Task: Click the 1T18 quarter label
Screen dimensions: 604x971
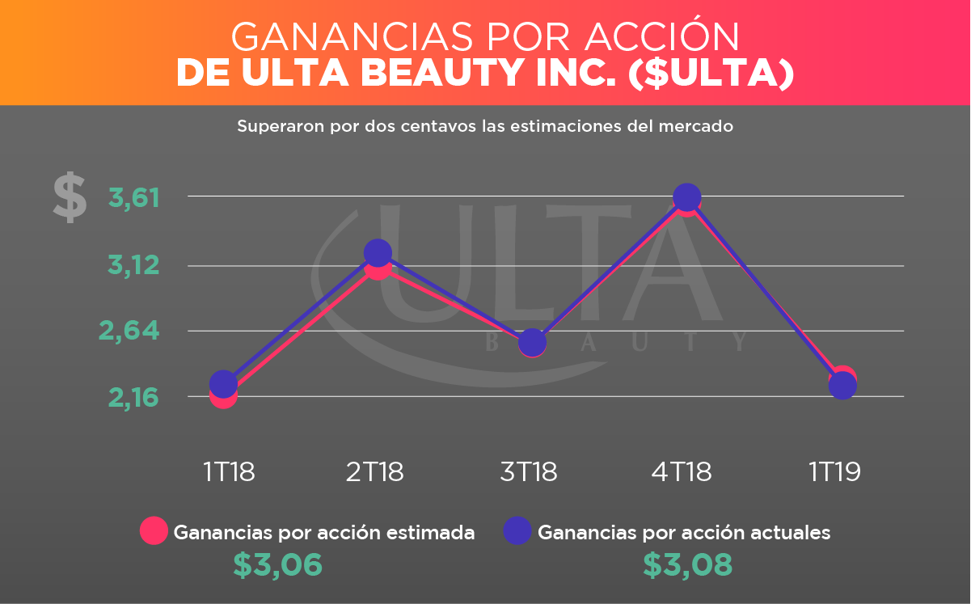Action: pyautogui.click(x=229, y=471)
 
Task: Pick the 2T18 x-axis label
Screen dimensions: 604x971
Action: pyautogui.click(x=374, y=471)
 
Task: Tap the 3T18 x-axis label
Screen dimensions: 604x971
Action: pyautogui.click(x=529, y=471)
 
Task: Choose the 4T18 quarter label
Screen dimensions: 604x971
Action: pyautogui.click(x=682, y=471)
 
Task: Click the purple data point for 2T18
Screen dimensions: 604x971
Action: pyautogui.click(x=378, y=253)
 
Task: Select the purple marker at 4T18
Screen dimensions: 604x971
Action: pyautogui.click(x=686, y=197)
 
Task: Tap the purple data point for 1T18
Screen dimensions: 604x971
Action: pyautogui.click(x=223, y=383)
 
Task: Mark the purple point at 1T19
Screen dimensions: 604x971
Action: pyautogui.click(x=842, y=386)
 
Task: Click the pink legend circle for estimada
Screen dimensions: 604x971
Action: pyautogui.click(x=154, y=530)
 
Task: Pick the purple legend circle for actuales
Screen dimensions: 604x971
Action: pyautogui.click(x=517, y=530)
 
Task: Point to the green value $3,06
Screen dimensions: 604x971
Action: pyautogui.click(x=278, y=565)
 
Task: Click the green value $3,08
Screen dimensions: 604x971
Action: pyautogui.click(x=688, y=565)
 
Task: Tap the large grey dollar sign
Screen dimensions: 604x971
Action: pyautogui.click(x=70, y=197)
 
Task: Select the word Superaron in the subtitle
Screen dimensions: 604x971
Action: pyautogui.click(x=272, y=127)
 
